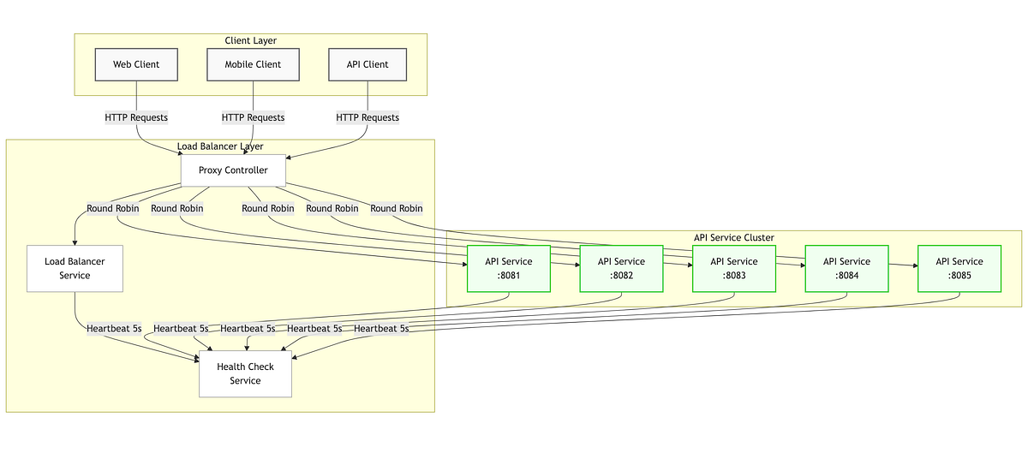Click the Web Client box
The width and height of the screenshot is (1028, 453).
[x=136, y=64]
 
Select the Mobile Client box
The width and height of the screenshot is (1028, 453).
[x=253, y=64]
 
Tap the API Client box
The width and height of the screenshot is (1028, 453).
[x=368, y=64]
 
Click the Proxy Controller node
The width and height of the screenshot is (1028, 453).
[x=233, y=170]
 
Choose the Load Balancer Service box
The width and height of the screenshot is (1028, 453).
[x=75, y=268]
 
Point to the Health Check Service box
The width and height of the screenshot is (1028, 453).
[x=245, y=373]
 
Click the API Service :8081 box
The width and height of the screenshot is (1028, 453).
[x=509, y=268]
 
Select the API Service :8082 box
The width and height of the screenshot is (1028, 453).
[x=621, y=268]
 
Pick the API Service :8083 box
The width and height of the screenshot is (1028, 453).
[x=733, y=268]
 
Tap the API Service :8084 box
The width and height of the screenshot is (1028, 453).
[x=846, y=268]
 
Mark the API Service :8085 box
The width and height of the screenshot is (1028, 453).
[x=959, y=268]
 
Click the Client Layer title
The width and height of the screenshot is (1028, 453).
[x=250, y=40]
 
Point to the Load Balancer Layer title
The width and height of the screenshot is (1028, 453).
[x=220, y=146]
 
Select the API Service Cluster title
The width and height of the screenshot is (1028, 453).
[x=734, y=237]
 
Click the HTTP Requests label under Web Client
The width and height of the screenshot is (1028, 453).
[x=136, y=117]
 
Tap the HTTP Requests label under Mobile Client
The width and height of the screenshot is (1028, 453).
[x=253, y=117]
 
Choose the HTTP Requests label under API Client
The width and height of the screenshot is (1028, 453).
[x=368, y=117]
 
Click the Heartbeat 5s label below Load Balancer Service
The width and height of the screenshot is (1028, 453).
[x=114, y=328]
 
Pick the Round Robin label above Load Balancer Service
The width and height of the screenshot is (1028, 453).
[x=112, y=208]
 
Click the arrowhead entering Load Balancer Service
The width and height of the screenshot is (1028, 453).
[x=75, y=242]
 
